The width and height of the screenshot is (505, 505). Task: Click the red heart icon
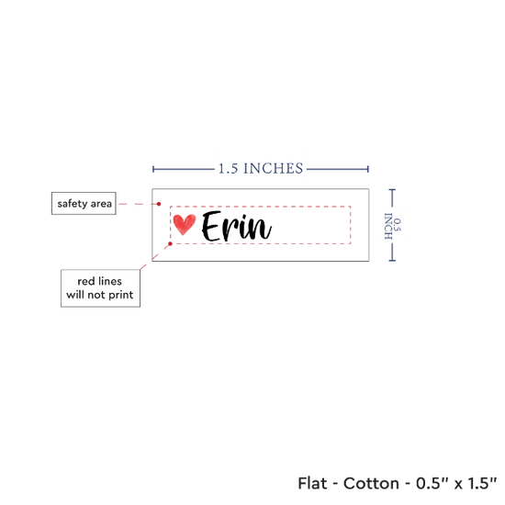[185, 224]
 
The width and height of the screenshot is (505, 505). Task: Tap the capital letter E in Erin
[211, 226]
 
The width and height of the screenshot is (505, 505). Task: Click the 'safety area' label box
[84, 203]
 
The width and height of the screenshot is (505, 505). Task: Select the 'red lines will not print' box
[100, 288]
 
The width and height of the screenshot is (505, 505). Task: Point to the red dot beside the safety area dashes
[159, 204]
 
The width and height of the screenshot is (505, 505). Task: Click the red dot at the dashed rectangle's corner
[171, 244]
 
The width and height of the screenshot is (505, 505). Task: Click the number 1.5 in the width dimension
[228, 169]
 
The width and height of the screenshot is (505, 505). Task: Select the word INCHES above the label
[273, 169]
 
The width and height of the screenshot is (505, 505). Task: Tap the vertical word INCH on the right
[388, 226]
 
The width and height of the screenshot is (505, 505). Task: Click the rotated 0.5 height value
[398, 225]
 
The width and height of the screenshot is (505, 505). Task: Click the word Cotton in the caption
[371, 483]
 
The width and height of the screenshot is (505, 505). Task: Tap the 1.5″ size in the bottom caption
[482, 483]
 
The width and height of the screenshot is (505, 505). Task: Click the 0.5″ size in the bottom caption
[432, 483]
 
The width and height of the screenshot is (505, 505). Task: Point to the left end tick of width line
[153, 169]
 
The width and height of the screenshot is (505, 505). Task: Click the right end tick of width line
[368, 169]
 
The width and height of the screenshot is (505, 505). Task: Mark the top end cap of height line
[392, 190]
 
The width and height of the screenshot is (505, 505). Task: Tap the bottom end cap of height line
[392, 260]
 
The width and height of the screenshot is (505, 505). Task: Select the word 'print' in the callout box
[121, 295]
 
